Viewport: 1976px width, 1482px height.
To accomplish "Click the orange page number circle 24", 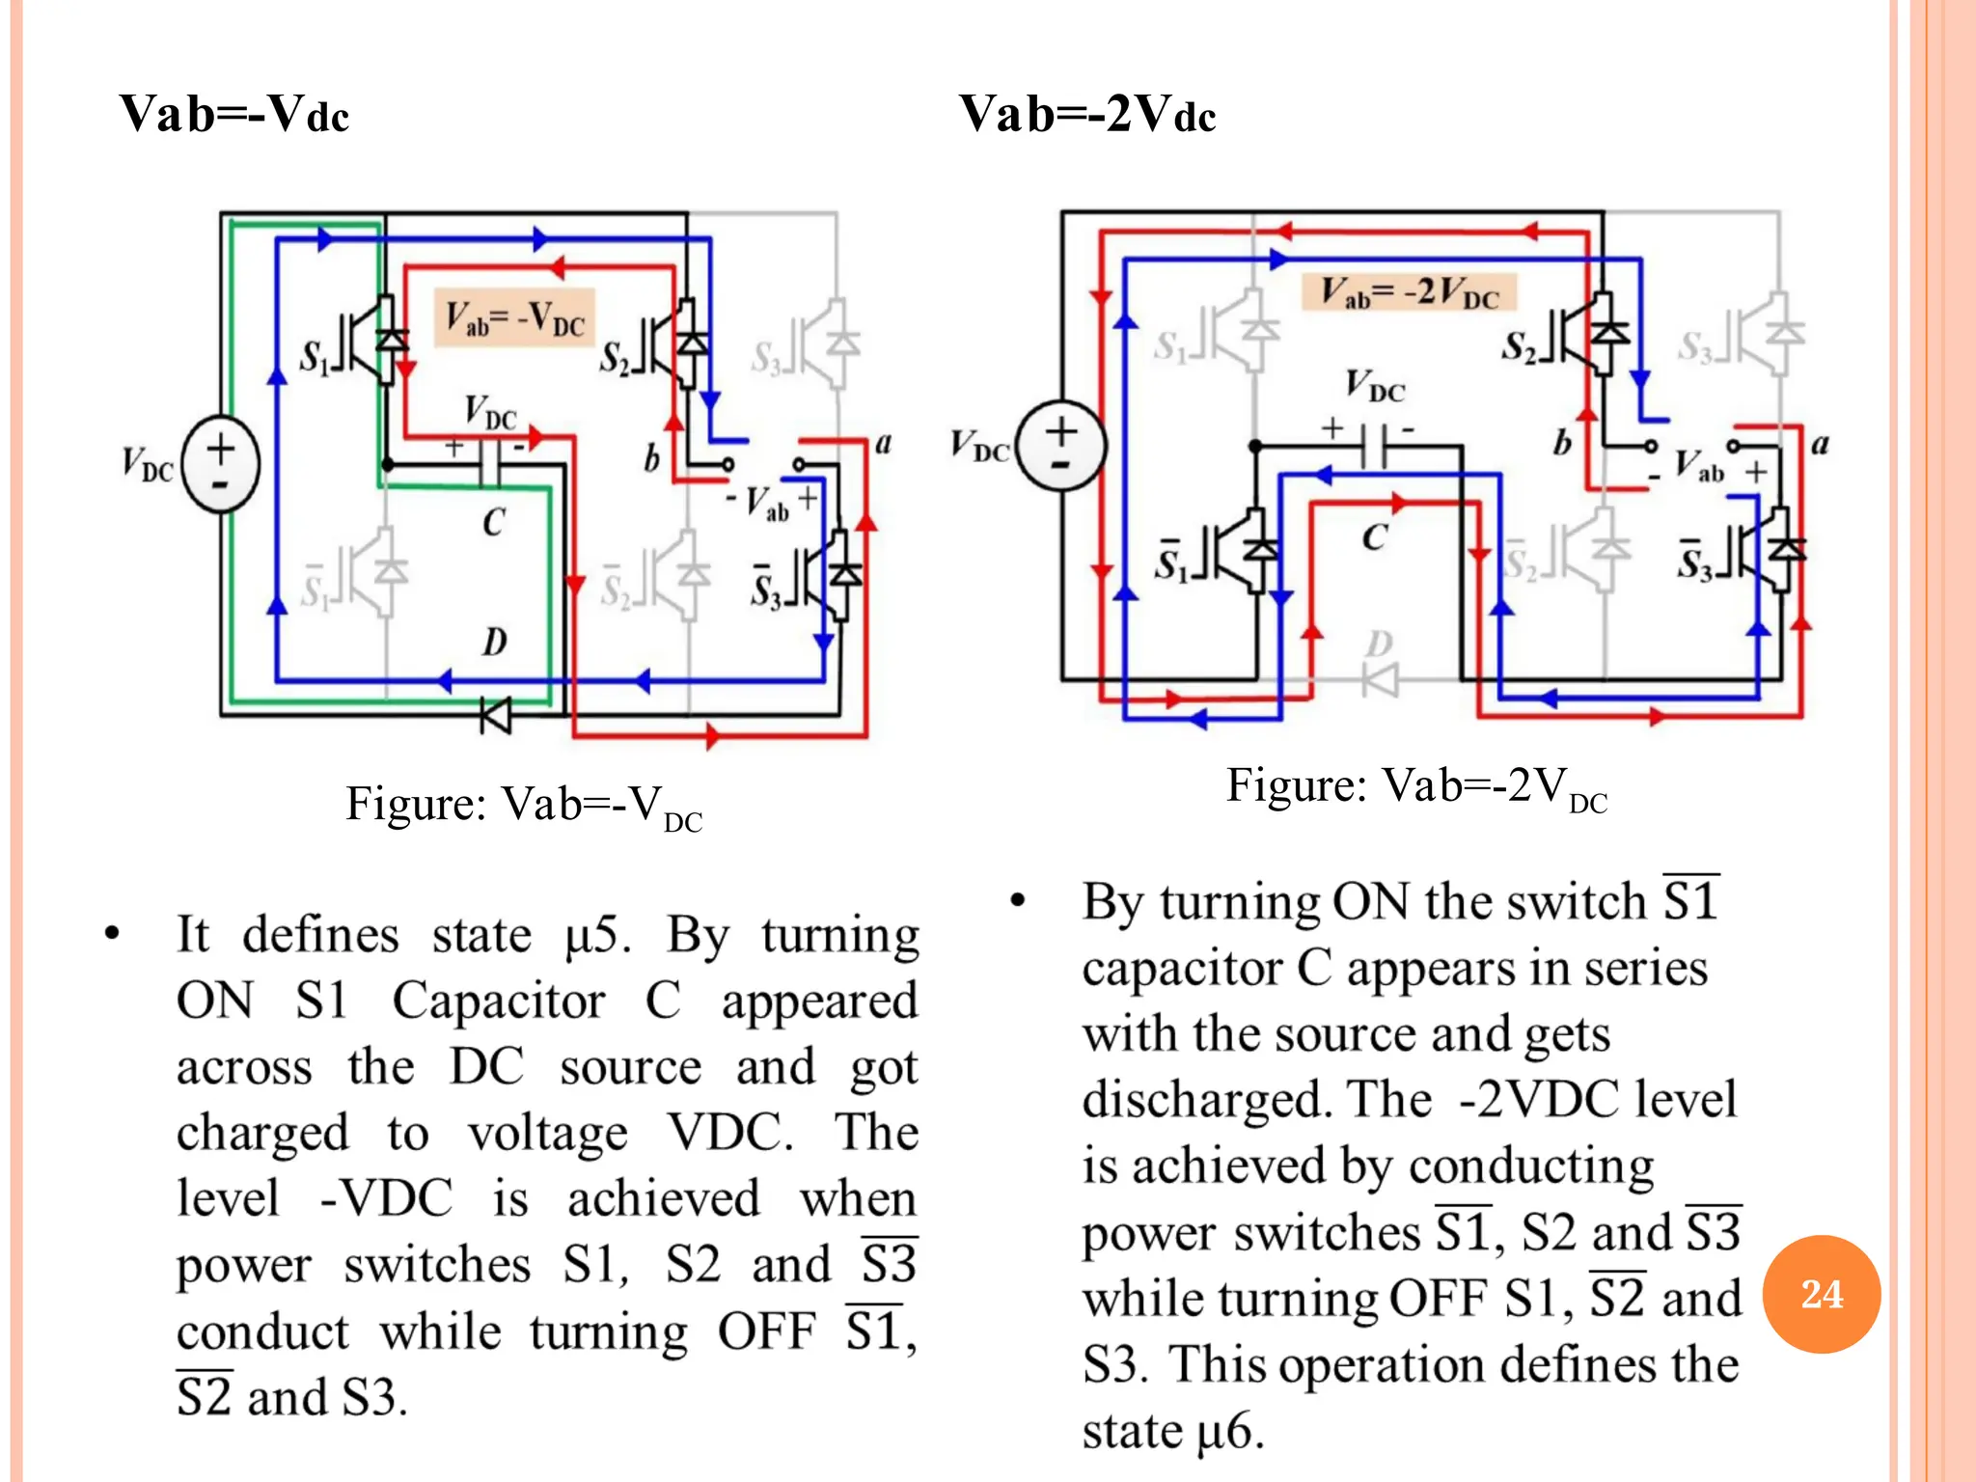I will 1821,1294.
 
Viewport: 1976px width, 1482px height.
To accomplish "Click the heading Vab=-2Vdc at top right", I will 1087,114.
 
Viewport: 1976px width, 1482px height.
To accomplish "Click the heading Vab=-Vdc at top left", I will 233,114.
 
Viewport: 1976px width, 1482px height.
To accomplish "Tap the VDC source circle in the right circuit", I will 1061,447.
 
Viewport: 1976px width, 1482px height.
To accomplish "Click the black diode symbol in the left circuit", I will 497,715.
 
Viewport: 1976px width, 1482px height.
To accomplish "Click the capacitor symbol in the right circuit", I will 1374,446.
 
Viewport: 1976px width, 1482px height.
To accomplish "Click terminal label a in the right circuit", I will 1820,445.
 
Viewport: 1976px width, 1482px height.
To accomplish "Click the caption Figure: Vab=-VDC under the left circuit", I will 524,806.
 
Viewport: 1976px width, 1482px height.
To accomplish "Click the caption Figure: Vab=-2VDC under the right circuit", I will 1416,787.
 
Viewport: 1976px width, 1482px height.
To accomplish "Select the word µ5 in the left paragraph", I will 596,936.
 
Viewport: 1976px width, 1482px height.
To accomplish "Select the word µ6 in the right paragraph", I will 1229,1431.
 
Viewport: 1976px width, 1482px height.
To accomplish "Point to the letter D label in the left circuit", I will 494,642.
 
